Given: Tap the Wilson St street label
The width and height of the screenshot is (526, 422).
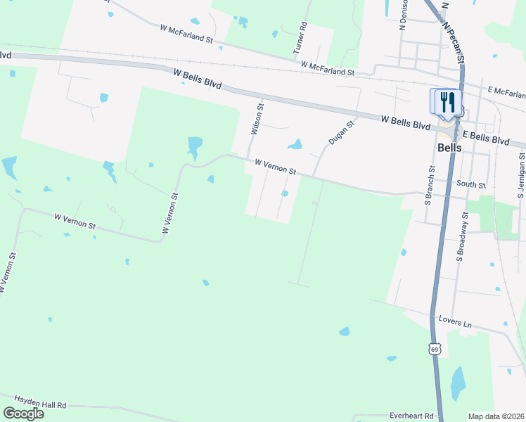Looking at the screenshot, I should pyautogui.click(x=257, y=120).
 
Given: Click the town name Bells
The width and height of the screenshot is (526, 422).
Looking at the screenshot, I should pyautogui.click(x=449, y=148).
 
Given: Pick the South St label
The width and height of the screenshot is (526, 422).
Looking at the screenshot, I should pyautogui.click(x=470, y=185).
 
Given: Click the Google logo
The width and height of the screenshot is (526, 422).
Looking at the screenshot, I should pyautogui.click(x=24, y=414).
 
